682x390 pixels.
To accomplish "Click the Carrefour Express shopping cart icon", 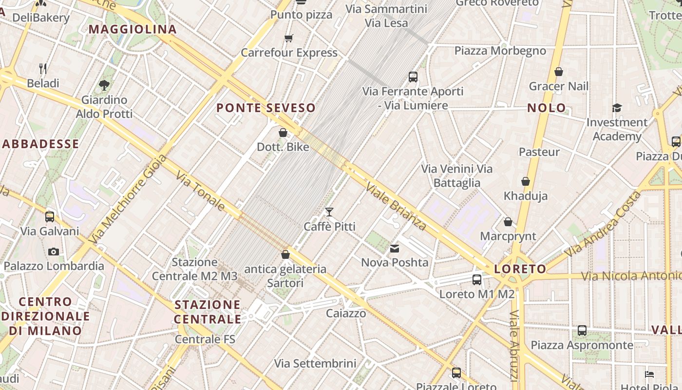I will pos(288,38).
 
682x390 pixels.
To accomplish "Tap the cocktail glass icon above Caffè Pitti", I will pos(329,212).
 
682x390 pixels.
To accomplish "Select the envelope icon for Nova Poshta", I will pos(395,249).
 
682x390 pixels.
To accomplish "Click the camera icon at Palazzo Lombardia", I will pos(54,252).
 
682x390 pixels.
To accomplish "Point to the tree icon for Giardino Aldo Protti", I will pos(104,85).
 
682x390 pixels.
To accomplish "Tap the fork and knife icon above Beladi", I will pos(43,68).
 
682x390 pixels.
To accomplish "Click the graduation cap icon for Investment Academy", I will pos(617,108).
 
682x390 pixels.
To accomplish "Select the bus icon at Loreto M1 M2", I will pos(477,280).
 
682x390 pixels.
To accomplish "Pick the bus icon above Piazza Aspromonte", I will pos(582,331).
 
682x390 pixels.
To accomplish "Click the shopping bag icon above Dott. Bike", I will pos(283,132).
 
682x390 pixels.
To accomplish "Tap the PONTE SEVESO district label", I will pos(266,108).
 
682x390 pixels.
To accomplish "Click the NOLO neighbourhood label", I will pos(547,108).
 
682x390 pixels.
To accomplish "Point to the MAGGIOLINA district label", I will pos(133,29).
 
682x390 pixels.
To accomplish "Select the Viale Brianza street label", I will pos(396,206).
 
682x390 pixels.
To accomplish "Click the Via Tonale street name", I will pos(200,191).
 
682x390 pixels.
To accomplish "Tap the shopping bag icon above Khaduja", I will pos(526,181).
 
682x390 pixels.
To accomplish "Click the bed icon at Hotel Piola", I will pos(649,374).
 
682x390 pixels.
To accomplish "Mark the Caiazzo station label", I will pos(346,313).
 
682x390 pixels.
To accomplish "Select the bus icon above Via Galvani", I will pos(50,217).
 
